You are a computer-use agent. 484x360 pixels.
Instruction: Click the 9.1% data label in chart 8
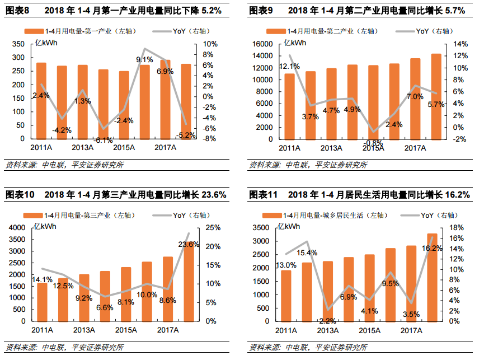click(144, 59)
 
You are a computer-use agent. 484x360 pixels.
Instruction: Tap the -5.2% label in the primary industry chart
click(185, 135)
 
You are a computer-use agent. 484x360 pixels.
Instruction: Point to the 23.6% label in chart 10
click(189, 244)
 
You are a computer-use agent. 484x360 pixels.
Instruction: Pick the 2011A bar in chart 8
click(41, 101)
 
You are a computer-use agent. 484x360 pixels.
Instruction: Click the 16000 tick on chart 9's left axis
click(262, 44)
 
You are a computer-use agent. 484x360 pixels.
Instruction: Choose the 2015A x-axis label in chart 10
click(125, 330)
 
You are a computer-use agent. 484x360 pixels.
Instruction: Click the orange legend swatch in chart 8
click(33, 31)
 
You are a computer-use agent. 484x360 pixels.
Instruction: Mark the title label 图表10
click(20, 194)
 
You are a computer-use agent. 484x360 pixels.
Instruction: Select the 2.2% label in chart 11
click(327, 321)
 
